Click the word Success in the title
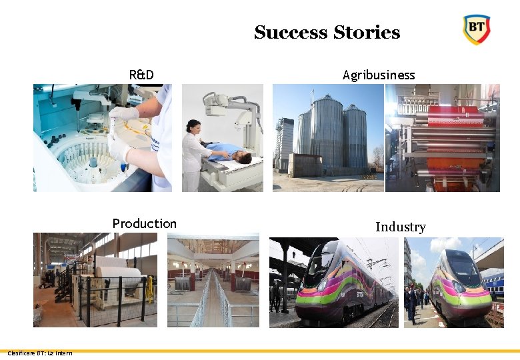click(x=291, y=33)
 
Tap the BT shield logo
click(x=476, y=29)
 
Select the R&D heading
click(x=141, y=75)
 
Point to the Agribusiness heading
click(x=378, y=75)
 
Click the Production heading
click(x=144, y=223)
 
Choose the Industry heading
click(x=400, y=227)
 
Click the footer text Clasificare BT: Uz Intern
click(x=39, y=353)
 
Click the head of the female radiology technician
click(x=194, y=125)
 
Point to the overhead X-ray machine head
click(x=217, y=102)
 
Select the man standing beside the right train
click(x=413, y=303)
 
